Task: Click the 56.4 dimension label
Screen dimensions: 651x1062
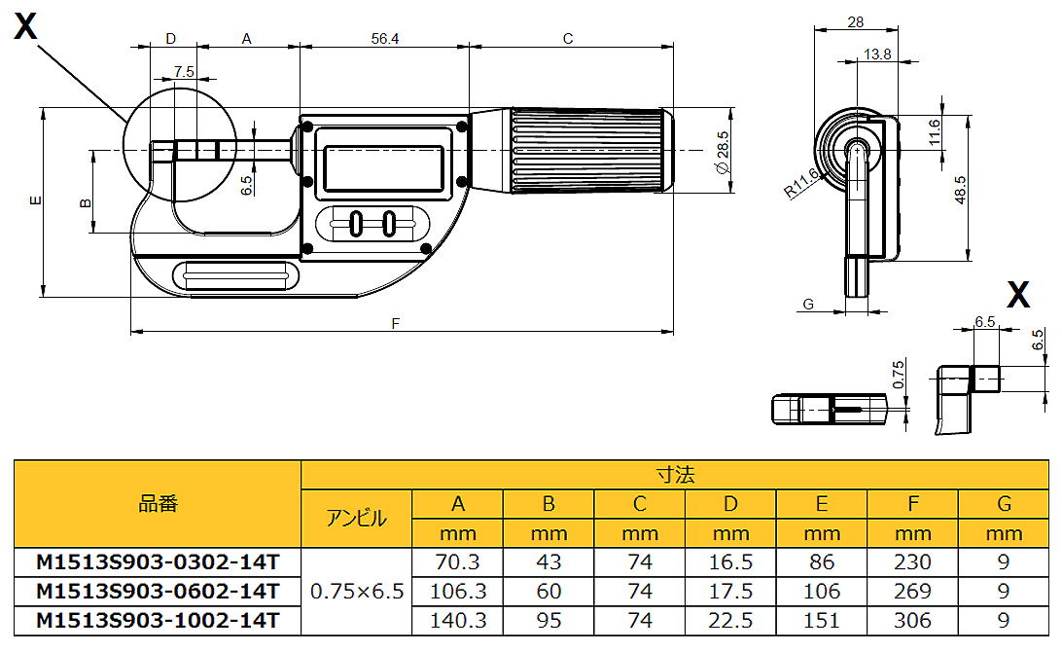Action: (x=384, y=39)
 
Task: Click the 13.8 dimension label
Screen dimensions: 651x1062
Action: (x=876, y=54)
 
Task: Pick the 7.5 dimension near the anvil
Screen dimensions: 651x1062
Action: (x=184, y=71)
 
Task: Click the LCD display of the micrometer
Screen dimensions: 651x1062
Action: (x=384, y=167)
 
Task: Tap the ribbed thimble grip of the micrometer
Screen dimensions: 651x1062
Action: (x=589, y=150)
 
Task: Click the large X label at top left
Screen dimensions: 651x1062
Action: (x=25, y=27)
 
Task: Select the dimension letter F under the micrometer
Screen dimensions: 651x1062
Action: (x=396, y=324)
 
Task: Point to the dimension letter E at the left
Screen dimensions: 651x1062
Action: (x=34, y=200)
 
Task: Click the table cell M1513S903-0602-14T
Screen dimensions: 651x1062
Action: (x=158, y=591)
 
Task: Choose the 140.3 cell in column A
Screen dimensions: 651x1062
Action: (x=458, y=620)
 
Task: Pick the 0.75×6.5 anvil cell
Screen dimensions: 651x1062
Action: (x=357, y=591)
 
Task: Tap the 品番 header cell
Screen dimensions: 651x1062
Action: (x=158, y=504)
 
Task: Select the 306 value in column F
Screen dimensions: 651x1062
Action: (x=912, y=620)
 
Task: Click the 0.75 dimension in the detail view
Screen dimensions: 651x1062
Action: (x=898, y=374)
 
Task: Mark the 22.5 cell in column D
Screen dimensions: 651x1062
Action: (x=730, y=620)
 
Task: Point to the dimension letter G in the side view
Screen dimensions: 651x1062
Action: (x=807, y=306)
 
